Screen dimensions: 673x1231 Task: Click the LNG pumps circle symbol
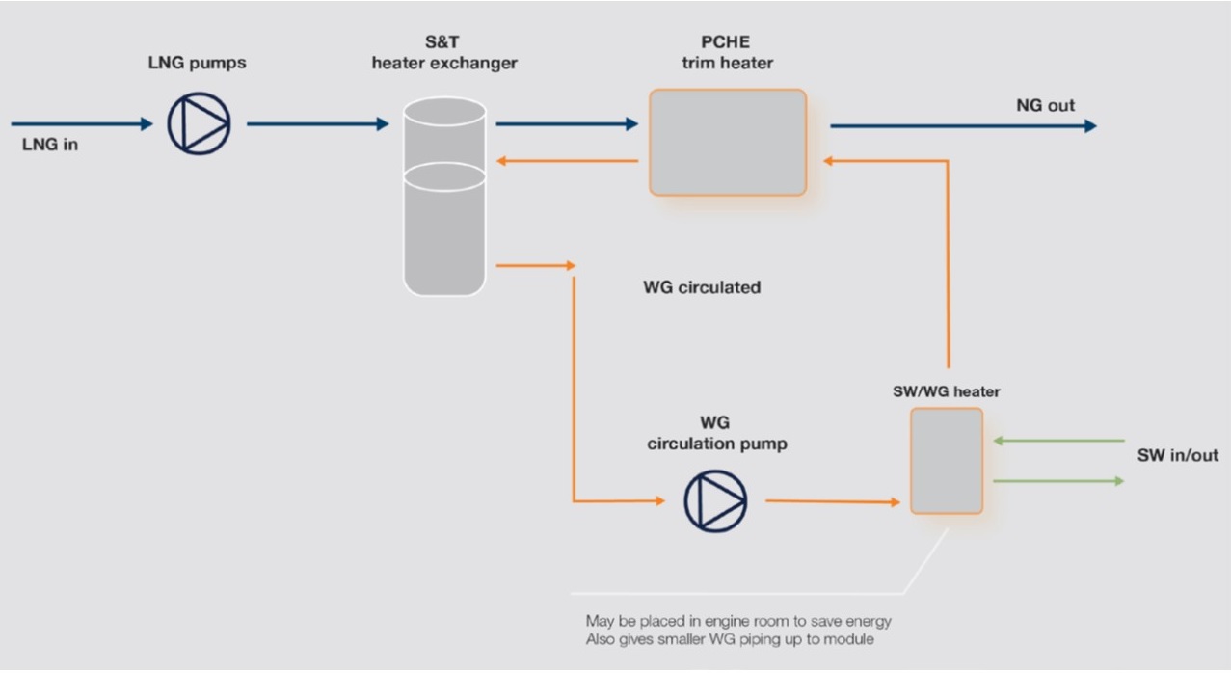pos(199,123)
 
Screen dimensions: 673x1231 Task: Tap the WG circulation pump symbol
pos(715,500)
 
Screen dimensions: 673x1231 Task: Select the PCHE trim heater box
pos(727,143)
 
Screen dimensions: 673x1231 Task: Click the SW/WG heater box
pos(947,460)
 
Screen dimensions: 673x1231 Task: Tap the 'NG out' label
pos(1045,105)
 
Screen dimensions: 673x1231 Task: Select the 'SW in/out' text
pos(1177,455)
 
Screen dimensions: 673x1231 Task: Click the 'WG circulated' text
pos(701,287)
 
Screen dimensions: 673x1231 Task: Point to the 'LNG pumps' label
pos(198,63)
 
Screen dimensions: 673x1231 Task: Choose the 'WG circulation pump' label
pos(716,434)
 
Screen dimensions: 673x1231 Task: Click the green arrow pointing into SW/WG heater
pos(1057,441)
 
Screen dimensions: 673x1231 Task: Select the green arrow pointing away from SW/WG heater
pos(1057,480)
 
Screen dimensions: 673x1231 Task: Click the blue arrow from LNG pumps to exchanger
pos(317,123)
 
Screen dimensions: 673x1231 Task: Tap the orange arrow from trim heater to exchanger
pos(567,162)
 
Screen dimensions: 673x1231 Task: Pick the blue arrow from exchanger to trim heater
pos(567,123)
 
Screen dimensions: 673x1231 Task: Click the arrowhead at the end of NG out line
pos(1089,125)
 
